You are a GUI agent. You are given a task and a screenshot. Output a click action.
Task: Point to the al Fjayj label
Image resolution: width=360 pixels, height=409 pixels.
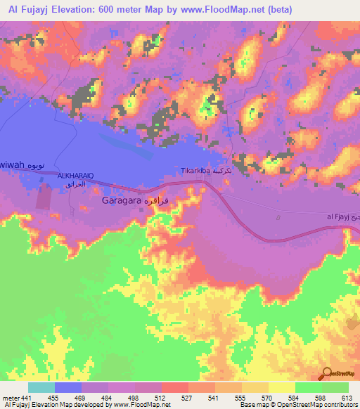tap(340, 217)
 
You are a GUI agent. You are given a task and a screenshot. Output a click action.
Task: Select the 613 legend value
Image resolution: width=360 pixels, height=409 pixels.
tap(348, 397)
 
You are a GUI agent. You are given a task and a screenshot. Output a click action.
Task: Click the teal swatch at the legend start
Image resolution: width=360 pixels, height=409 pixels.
tap(41, 387)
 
